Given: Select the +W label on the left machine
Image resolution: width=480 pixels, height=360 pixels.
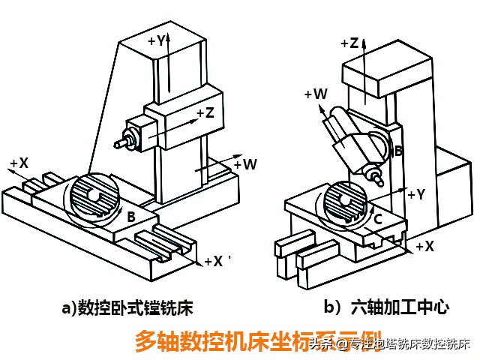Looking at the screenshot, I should click(245, 163).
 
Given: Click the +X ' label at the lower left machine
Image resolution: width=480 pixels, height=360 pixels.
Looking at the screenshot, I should click(217, 262).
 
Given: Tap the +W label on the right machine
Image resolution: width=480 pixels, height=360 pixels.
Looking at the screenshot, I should click(316, 94).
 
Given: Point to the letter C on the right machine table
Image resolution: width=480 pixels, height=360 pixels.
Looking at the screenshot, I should click(379, 219).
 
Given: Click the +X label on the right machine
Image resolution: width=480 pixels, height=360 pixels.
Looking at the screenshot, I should click(424, 246).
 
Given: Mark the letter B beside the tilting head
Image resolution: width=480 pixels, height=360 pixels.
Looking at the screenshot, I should click(399, 151).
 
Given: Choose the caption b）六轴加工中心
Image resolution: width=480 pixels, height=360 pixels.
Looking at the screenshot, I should click(385, 307).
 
